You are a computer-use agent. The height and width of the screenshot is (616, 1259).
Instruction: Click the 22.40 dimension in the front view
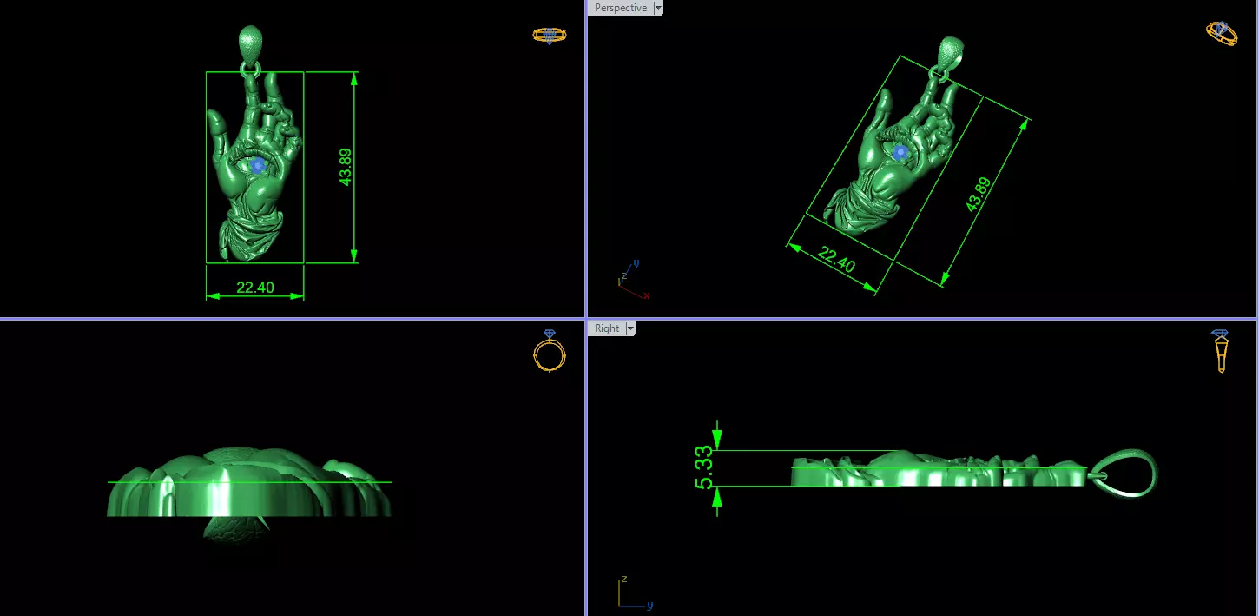pos(255,288)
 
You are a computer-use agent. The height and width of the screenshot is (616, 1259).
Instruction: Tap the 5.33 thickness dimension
pos(704,467)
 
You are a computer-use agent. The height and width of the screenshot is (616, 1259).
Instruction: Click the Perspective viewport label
pos(620,8)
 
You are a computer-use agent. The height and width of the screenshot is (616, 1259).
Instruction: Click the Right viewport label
pos(607,328)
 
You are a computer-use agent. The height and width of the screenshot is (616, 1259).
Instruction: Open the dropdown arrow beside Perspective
pos(657,8)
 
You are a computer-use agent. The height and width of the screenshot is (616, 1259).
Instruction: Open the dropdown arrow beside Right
pos(630,328)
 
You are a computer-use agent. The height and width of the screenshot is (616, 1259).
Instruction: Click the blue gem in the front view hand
pos(257,165)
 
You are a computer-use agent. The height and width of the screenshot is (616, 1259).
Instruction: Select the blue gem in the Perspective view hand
pos(900,153)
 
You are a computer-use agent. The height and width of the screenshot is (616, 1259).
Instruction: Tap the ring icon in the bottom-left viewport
pos(550,351)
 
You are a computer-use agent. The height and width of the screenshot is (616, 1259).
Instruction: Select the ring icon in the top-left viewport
pos(549,36)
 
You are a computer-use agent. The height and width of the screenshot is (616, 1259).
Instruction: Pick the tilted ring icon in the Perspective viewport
pos(1222,34)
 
